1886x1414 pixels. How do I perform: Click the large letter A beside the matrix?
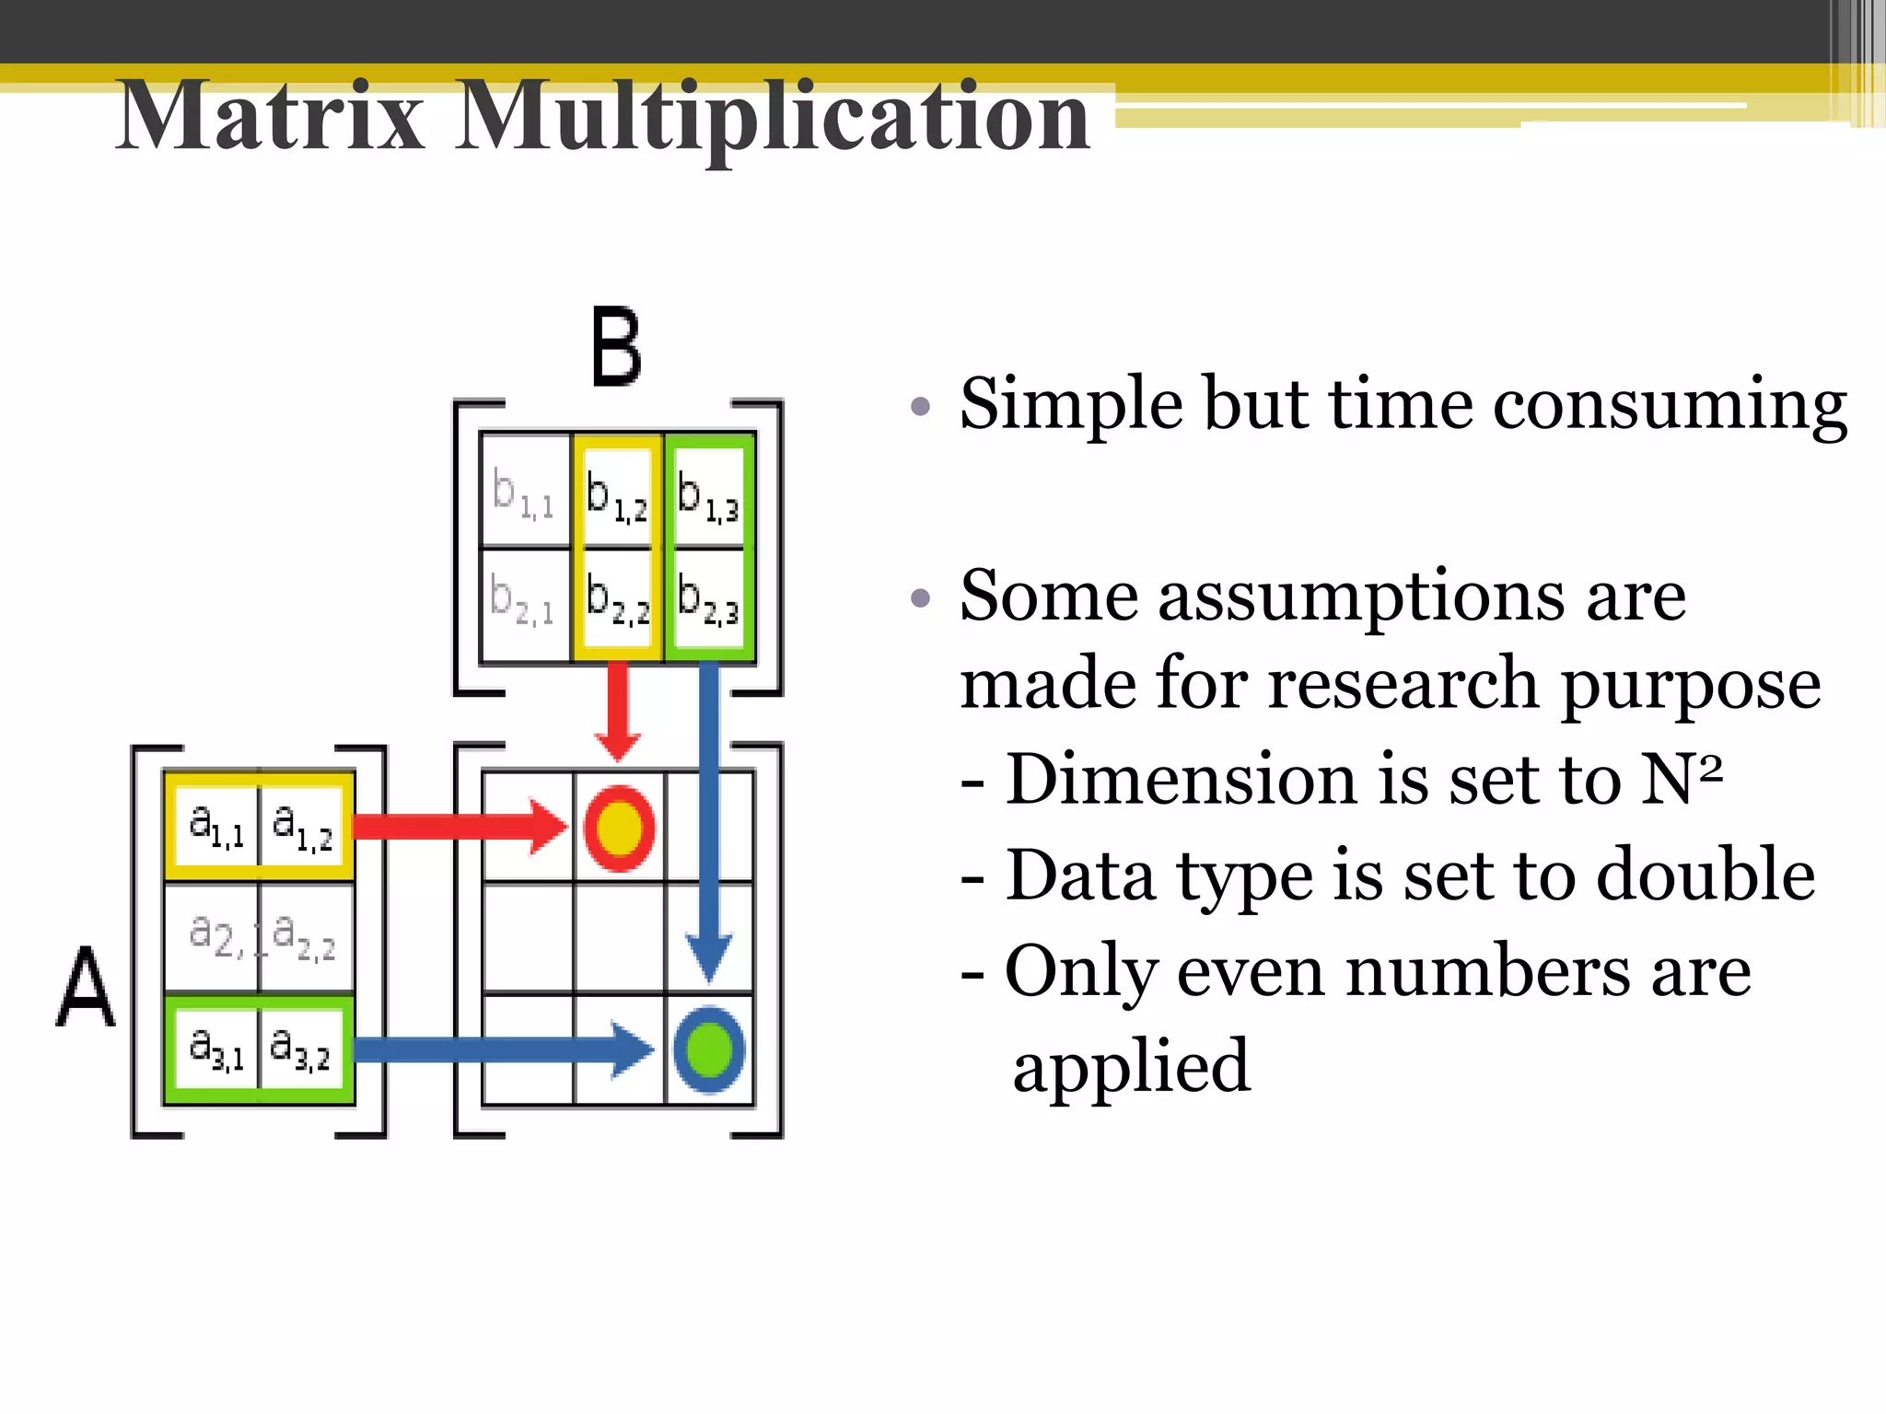pyautogui.click(x=86, y=989)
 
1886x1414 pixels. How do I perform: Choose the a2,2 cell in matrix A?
pyautogui.click(x=305, y=937)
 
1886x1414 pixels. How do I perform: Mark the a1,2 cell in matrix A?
pyautogui.click(x=303, y=826)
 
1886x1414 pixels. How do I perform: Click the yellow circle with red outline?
pyautogui.click(x=620, y=828)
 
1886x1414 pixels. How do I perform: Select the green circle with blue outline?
pyautogui.click(x=709, y=1049)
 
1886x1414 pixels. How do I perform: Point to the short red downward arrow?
pyautogui.click(x=618, y=709)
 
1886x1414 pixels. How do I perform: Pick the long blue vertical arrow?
pyautogui.click(x=709, y=819)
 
